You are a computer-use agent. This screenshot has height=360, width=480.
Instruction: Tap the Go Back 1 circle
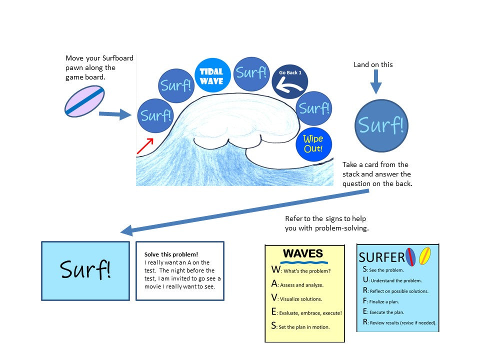click(290, 81)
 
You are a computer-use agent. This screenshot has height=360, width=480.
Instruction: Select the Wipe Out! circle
click(313, 144)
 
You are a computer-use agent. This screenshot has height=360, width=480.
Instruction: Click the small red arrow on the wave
click(145, 145)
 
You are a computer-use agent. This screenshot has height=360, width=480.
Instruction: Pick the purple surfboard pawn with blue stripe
click(84, 101)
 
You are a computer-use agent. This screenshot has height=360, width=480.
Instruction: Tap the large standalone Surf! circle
click(381, 125)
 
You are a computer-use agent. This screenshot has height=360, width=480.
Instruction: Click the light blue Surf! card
click(85, 270)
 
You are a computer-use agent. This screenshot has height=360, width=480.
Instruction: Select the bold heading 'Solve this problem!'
click(171, 254)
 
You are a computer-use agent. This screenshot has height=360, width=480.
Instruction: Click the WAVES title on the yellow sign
click(303, 253)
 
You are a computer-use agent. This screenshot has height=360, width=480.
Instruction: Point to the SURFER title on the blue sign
click(381, 257)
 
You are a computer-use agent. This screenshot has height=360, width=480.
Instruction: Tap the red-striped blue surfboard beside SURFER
click(411, 256)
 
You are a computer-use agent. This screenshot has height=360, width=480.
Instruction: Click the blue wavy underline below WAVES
click(304, 262)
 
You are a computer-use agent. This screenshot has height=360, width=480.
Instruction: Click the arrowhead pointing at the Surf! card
click(126, 231)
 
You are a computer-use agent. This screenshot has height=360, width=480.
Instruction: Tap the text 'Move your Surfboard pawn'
click(99, 62)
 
